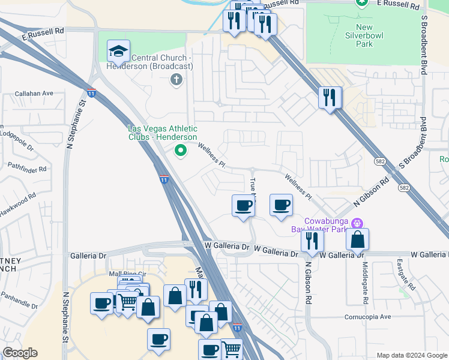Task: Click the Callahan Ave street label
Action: pyautogui.click(x=34, y=94)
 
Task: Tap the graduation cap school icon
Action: pyautogui.click(x=118, y=51)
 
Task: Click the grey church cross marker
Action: pyautogui.click(x=176, y=79)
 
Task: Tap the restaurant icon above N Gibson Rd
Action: pyautogui.click(x=312, y=240)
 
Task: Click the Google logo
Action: pyautogui.click(x=20, y=353)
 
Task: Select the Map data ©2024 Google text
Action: pyautogui.click(x=411, y=355)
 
